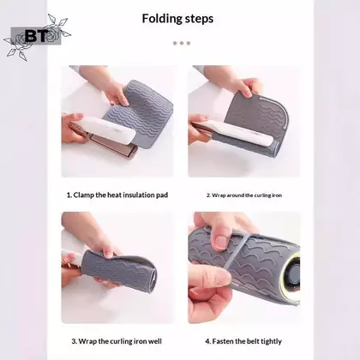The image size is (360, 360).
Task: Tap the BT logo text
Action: (x=36, y=36)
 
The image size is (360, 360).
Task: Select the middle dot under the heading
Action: (x=182, y=43)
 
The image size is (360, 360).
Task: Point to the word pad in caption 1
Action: (x=162, y=195)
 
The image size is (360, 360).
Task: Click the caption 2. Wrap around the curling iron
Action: (x=244, y=195)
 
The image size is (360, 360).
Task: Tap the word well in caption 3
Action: (x=155, y=341)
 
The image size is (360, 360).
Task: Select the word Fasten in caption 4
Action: (x=222, y=341)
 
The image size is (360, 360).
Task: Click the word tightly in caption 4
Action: (x=271, y=341)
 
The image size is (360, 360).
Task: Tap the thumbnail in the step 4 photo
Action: (x=220, y=242)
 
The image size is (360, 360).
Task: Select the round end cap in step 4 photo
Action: (x=292, y=277)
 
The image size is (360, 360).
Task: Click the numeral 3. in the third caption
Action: (x=75, y=341)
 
